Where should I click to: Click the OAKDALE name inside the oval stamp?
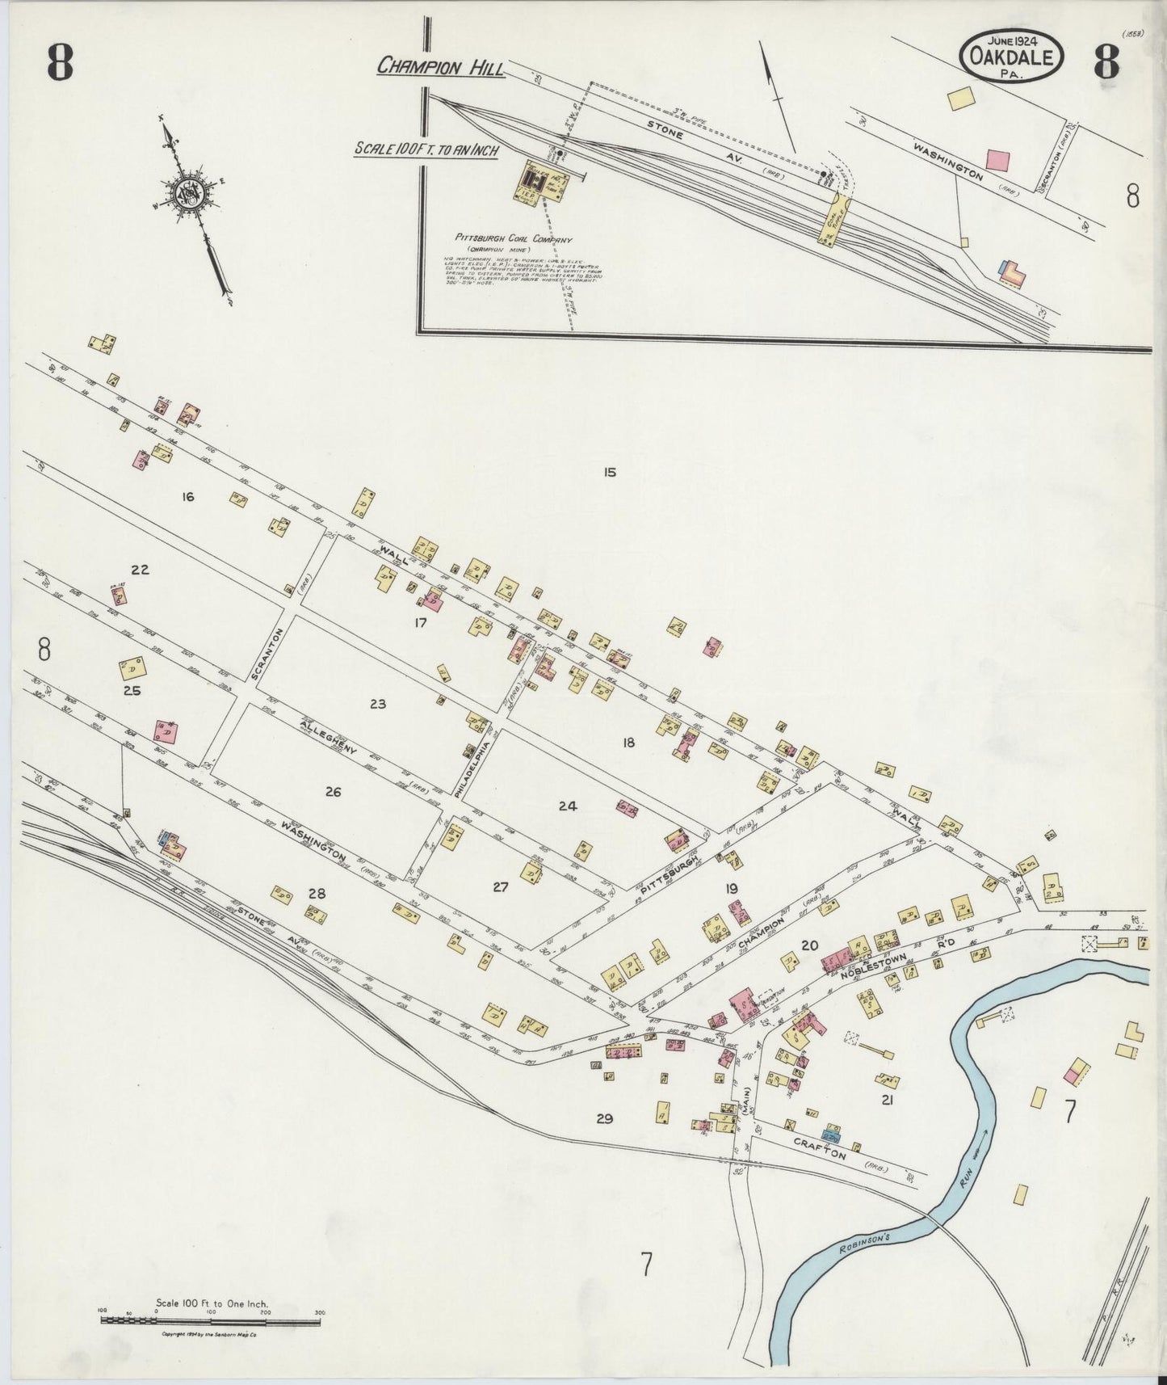1011,57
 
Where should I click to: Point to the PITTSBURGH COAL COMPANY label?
513,240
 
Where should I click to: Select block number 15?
609,472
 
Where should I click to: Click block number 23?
377,705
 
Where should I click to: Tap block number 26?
333,792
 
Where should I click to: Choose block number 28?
316,893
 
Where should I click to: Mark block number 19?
732,889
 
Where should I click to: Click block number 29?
604,1118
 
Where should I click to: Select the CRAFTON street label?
819,1150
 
